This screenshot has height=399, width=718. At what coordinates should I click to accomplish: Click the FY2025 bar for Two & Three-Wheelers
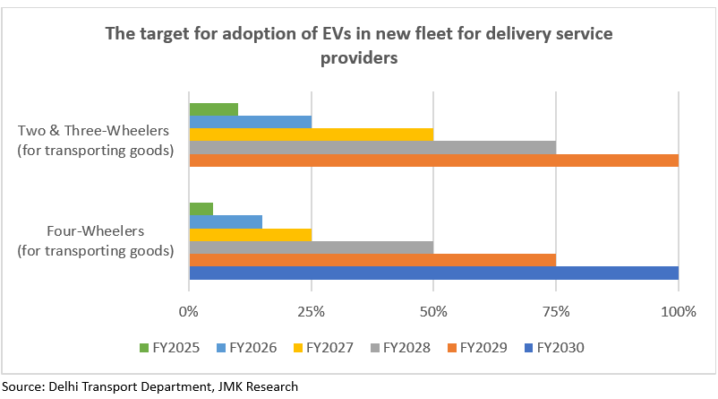pos(213,109)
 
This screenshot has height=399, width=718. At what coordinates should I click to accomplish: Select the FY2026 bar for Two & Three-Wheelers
pos(250,122)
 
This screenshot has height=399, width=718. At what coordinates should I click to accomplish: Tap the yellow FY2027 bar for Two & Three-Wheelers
pos(311,134)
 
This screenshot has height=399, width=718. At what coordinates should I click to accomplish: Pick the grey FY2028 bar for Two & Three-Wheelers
pos(372,147)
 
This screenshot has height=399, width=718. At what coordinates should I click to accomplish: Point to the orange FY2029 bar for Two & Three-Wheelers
pos(433,160)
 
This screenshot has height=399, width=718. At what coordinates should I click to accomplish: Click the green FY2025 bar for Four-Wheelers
pos(201,209)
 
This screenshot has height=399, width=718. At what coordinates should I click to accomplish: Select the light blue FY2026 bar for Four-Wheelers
pos(226,221)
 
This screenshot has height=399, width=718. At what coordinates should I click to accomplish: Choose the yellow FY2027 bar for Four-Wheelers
pos(250,234)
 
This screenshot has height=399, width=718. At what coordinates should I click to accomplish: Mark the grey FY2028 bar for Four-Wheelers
pos(311,247)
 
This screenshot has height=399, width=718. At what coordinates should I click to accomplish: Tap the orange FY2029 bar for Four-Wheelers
pos(372,260)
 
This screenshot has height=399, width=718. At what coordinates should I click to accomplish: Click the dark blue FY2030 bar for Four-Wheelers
pos(433,273)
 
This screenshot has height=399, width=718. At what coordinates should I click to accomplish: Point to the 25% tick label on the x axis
pos(311,312)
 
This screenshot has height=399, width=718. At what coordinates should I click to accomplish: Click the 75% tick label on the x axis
pos(556,312)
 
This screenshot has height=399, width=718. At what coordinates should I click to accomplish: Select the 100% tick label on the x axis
pos(678,312)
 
